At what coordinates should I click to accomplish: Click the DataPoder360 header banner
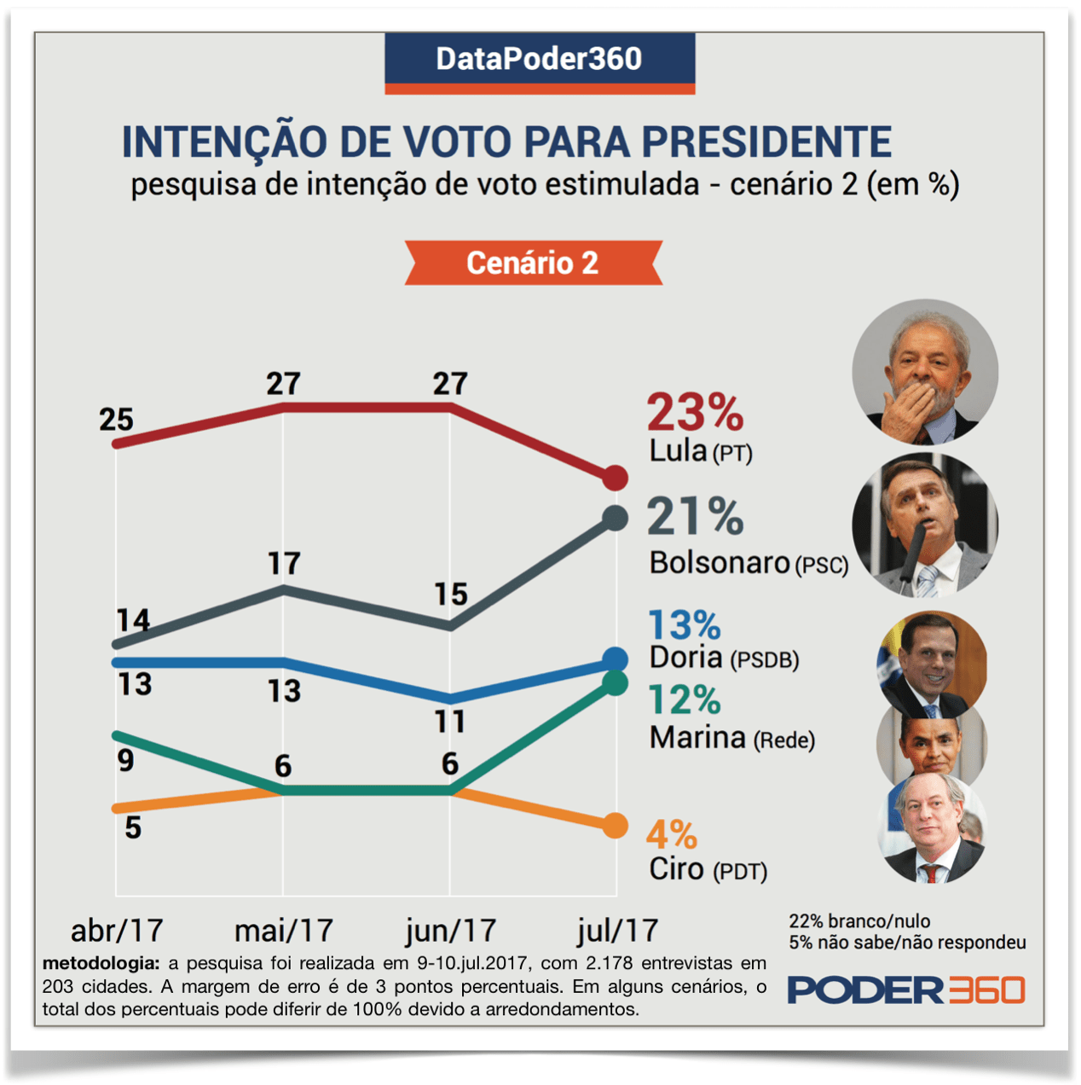coord(540,60)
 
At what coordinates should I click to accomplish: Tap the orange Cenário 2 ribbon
coord(533,263)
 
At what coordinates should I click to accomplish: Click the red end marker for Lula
coord(615,478)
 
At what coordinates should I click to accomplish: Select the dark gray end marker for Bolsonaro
coord(615,518)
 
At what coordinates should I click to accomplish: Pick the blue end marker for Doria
coord(615,659)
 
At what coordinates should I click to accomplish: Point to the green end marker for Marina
coord(615,682)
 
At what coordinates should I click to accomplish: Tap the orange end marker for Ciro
coord(615,826)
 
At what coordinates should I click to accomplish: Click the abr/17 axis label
coord(117,930)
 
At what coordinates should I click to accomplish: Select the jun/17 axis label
coord(450,930)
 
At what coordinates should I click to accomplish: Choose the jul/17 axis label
coord(617,930)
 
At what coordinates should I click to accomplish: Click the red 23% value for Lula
coord(695,413)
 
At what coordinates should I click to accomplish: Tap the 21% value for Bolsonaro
coord(695,517)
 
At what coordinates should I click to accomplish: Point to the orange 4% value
coord(672,834)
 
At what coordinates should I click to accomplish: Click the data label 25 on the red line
coord(116,420)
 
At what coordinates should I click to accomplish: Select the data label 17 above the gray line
coord(284,564)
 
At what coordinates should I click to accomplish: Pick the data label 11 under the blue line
coord(450,722)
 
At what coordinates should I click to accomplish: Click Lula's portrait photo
coord(925,372)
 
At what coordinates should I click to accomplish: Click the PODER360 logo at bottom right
coord(905,989)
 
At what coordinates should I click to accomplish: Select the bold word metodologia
coord(101,963)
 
